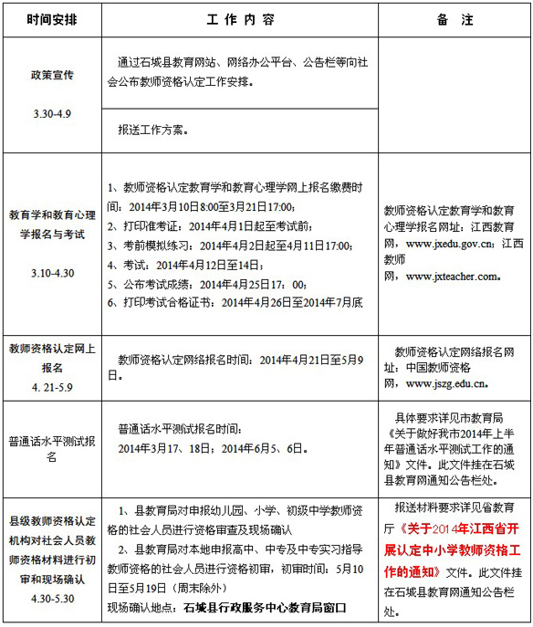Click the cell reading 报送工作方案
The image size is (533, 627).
pyautogui.click(x=152, y=130)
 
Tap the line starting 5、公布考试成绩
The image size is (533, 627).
pyautogui.click(x=206, y=284)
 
